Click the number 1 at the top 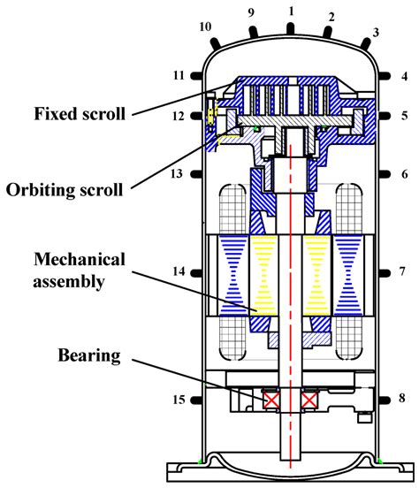[x=290, y=11]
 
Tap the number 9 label [x=251, y=15]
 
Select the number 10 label [x=206, y=27]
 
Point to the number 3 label [x=376, y=33]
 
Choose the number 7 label [x=402, y=270]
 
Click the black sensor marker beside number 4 [x=385, y=76]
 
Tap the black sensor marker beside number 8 [x=385, y=400]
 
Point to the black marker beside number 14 [x=196, y=270]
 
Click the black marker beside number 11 [x=196, y=76]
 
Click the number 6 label [x=403, y=174]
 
